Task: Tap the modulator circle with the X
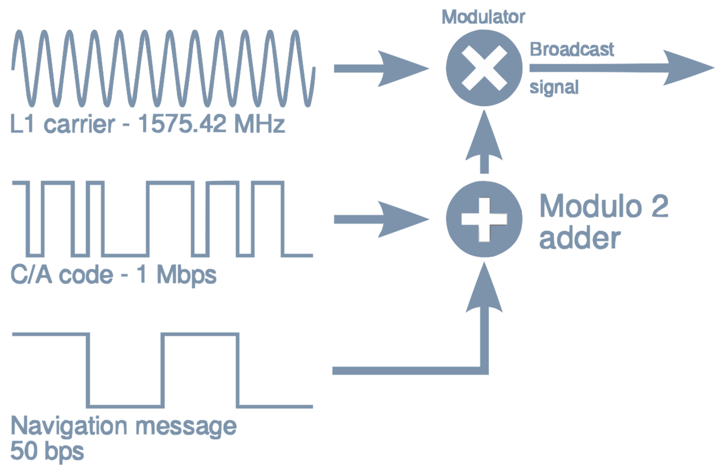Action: click(484, 68)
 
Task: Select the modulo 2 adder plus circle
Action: click(484, 219)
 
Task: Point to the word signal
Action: click(554, 88)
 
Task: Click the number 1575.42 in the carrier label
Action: click(182, 124)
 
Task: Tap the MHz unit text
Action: click(260, 124)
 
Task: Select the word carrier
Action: click(79, 124)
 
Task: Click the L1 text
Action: click(21, 124)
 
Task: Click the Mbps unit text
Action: click(187, 276)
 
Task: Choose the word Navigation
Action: click(69, 427)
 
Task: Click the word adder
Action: click(580, 239)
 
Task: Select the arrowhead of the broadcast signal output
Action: click(688, 68)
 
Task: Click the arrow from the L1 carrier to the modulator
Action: click(381, 69)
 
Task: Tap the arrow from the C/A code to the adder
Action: click(381, 220)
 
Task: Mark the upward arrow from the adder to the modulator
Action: click(484, 142)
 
